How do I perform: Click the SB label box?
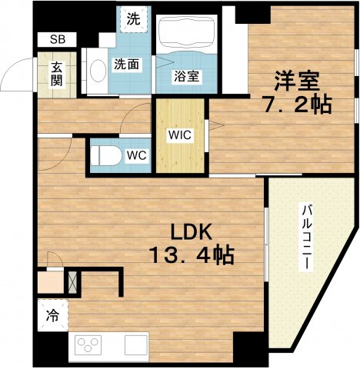point(58,38)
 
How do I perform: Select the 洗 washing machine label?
point(133,20)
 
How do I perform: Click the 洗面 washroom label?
point(126,65)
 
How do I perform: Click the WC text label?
point(137,155)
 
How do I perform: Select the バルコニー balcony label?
point(306,235)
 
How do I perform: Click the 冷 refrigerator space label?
point(52,314)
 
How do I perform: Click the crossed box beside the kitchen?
point(74,282)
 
